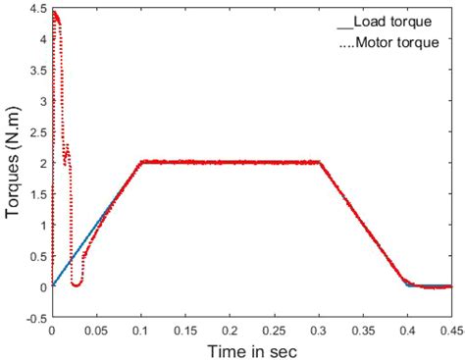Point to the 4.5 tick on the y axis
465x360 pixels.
[x=36, y=9]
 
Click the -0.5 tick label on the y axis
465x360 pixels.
[x=33, y=318]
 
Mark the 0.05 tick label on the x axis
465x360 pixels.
[x=96, y=332]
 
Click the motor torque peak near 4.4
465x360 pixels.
[x=55, y=14]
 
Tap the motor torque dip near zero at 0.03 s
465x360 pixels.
[x=76, y=283]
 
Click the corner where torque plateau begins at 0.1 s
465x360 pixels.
[x=141, y=162]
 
